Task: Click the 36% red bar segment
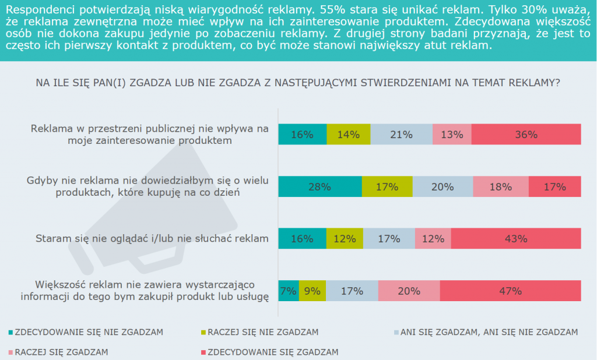(x=526, y=135)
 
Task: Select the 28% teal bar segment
(x=320, y=187)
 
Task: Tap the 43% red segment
(x=516, y=239)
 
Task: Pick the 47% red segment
(x=510, y=291)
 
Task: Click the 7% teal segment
(x=289, y=291)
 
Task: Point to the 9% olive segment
(x=312, y=291)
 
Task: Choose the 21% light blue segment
(x=401, y=135)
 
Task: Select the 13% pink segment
(x=452, y=135)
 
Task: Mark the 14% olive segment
(x=348, y=135)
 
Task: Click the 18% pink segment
(x=501, y=187)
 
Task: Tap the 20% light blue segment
(x=443, y=187)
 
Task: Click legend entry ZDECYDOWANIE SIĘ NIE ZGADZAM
(x=88, y=333)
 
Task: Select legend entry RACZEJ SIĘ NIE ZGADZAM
(x=265, y=333)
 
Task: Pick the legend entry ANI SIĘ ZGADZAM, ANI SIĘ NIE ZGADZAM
(x=489, y=333)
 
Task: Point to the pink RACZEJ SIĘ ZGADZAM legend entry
(x=61, y=352)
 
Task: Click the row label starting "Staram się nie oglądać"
(x=152, y=238)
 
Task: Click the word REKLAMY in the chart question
(x=533, y=83)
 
